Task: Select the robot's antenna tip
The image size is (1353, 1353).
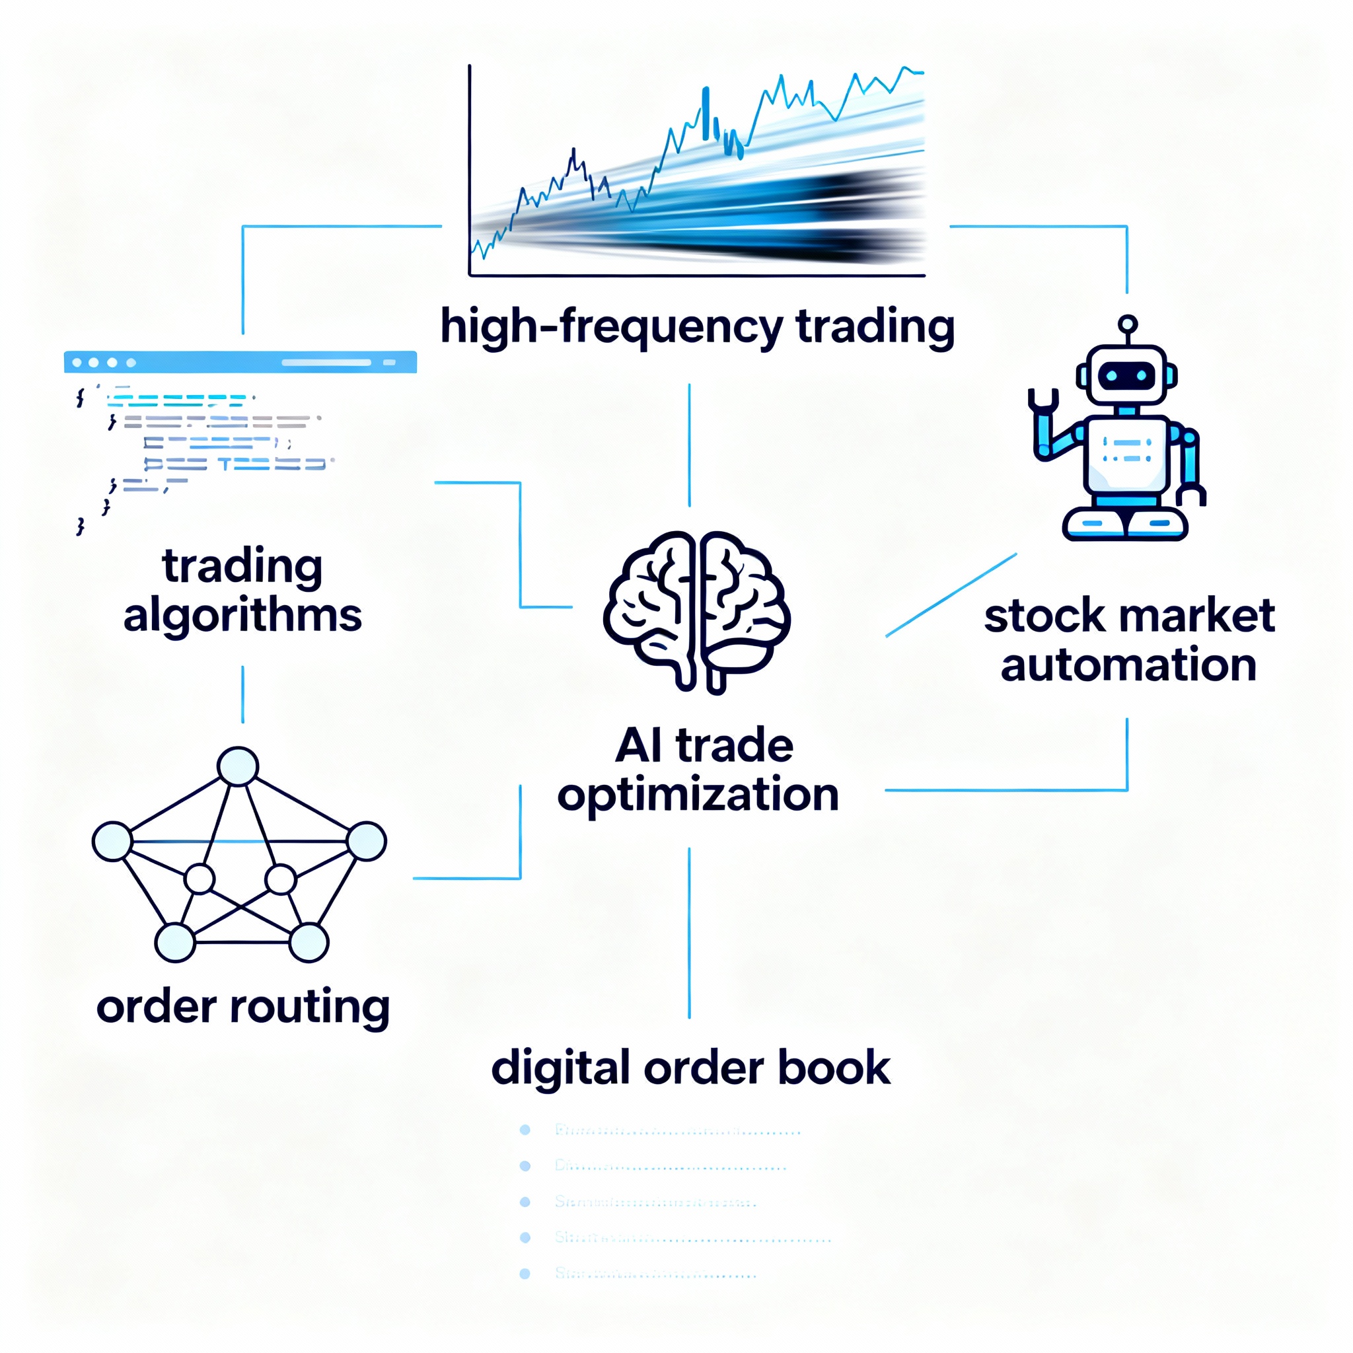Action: pyautogui.click(x=1128, y=324)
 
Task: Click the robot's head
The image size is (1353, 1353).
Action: pyautogui.click(x=1126, y=375)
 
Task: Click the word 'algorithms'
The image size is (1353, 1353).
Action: pyautogui.click(x=242, y=616)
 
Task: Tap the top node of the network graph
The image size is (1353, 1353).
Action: pyautogui.click(x=238, y=766)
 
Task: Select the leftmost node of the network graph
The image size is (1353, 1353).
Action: pyautogui.click(x=112, y=841)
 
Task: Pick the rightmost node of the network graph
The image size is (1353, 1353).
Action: pyautogui.click(x=366, y=841)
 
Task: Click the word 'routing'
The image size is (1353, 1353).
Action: pyautogui.click(x=310, y=1007)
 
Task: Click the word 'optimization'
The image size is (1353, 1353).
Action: pyautogui.click(x=698, y=795)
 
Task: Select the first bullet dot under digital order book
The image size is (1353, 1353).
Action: pyautogui.click(x=525, y=1130)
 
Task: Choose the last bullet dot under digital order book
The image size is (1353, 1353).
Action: pyautogui.click(x=525, y=1274)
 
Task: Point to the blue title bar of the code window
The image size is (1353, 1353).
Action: pyautogui.click(x=240, y=362)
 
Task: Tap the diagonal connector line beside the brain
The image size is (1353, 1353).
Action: pyautogui.click(x=951, y=595)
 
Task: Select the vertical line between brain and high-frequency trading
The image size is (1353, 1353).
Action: pyautogui.click(x=689, y=445)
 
